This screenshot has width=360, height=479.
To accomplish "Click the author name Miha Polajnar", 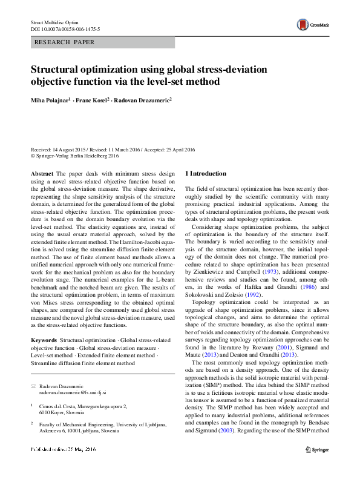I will click(51, 100).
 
